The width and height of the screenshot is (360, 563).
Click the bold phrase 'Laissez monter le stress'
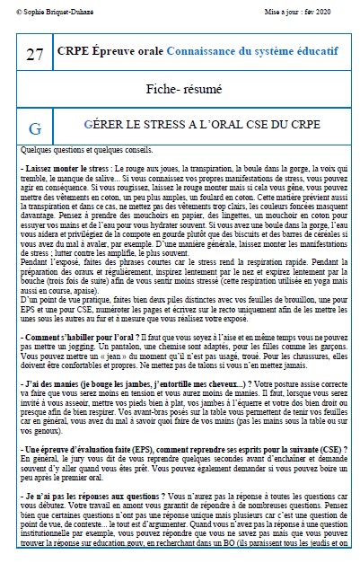coord(61,168)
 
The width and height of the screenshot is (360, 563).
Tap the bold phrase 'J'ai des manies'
coord(50,383)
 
